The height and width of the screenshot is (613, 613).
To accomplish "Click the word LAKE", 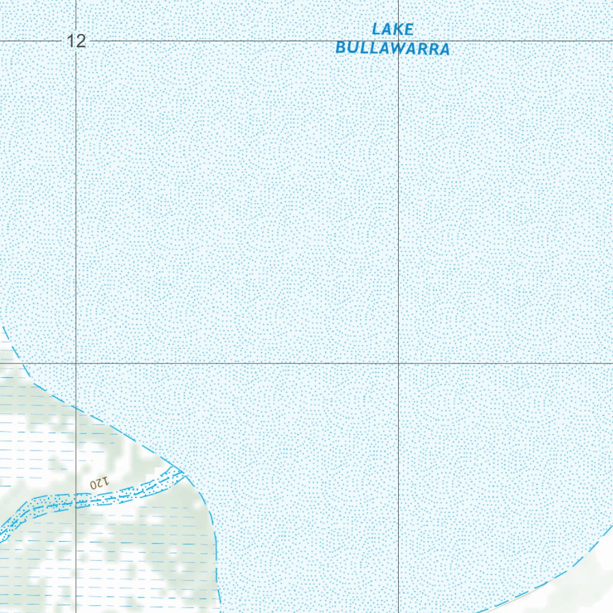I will pyautogui.click(x=393, y=29).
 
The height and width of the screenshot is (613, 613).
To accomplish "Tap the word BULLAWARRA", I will pyautogui.click(x=393, y=48).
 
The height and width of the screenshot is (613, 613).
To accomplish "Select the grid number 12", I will pyautogui.click(x=77, y=41).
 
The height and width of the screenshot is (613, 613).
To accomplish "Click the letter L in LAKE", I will pyautogui.click(x=377, y=29).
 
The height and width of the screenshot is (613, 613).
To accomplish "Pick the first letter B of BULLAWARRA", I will pyautogui.click(x=341, y=48).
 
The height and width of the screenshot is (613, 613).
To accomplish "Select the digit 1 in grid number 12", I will pyautogui.click(x=71, y=41).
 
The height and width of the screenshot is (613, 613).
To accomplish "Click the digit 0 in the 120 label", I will pyautogui.click(x=92, y=482).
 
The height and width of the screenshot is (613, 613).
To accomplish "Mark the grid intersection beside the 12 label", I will pyautogui.click(x=76, y=41).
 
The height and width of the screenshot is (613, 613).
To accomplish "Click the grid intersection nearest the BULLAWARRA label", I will pyautogui.click(x=399, y=41).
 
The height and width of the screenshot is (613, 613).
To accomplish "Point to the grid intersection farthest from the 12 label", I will pyautogui.click(x=399, y=363).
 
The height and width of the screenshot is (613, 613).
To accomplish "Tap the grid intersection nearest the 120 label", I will pyautogui.click(x=76, y=363).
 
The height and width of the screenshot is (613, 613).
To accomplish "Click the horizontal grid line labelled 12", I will pyautogui.click(x=239, y=41).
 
